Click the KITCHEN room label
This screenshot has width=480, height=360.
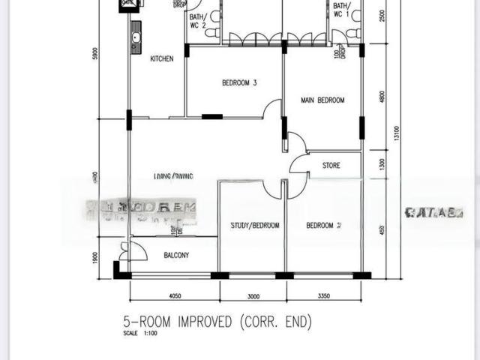point(163,58)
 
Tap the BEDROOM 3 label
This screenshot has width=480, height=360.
point(240,82)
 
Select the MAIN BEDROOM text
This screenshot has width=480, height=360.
point(322,100)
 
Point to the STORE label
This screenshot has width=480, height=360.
point(332,165)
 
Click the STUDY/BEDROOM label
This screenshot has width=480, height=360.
point(254,225)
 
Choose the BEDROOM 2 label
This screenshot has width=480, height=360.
point(324,225)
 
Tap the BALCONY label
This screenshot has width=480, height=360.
point(176,256)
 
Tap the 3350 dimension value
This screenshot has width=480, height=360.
point(324,295)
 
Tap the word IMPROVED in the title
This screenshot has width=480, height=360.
point(202,322)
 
